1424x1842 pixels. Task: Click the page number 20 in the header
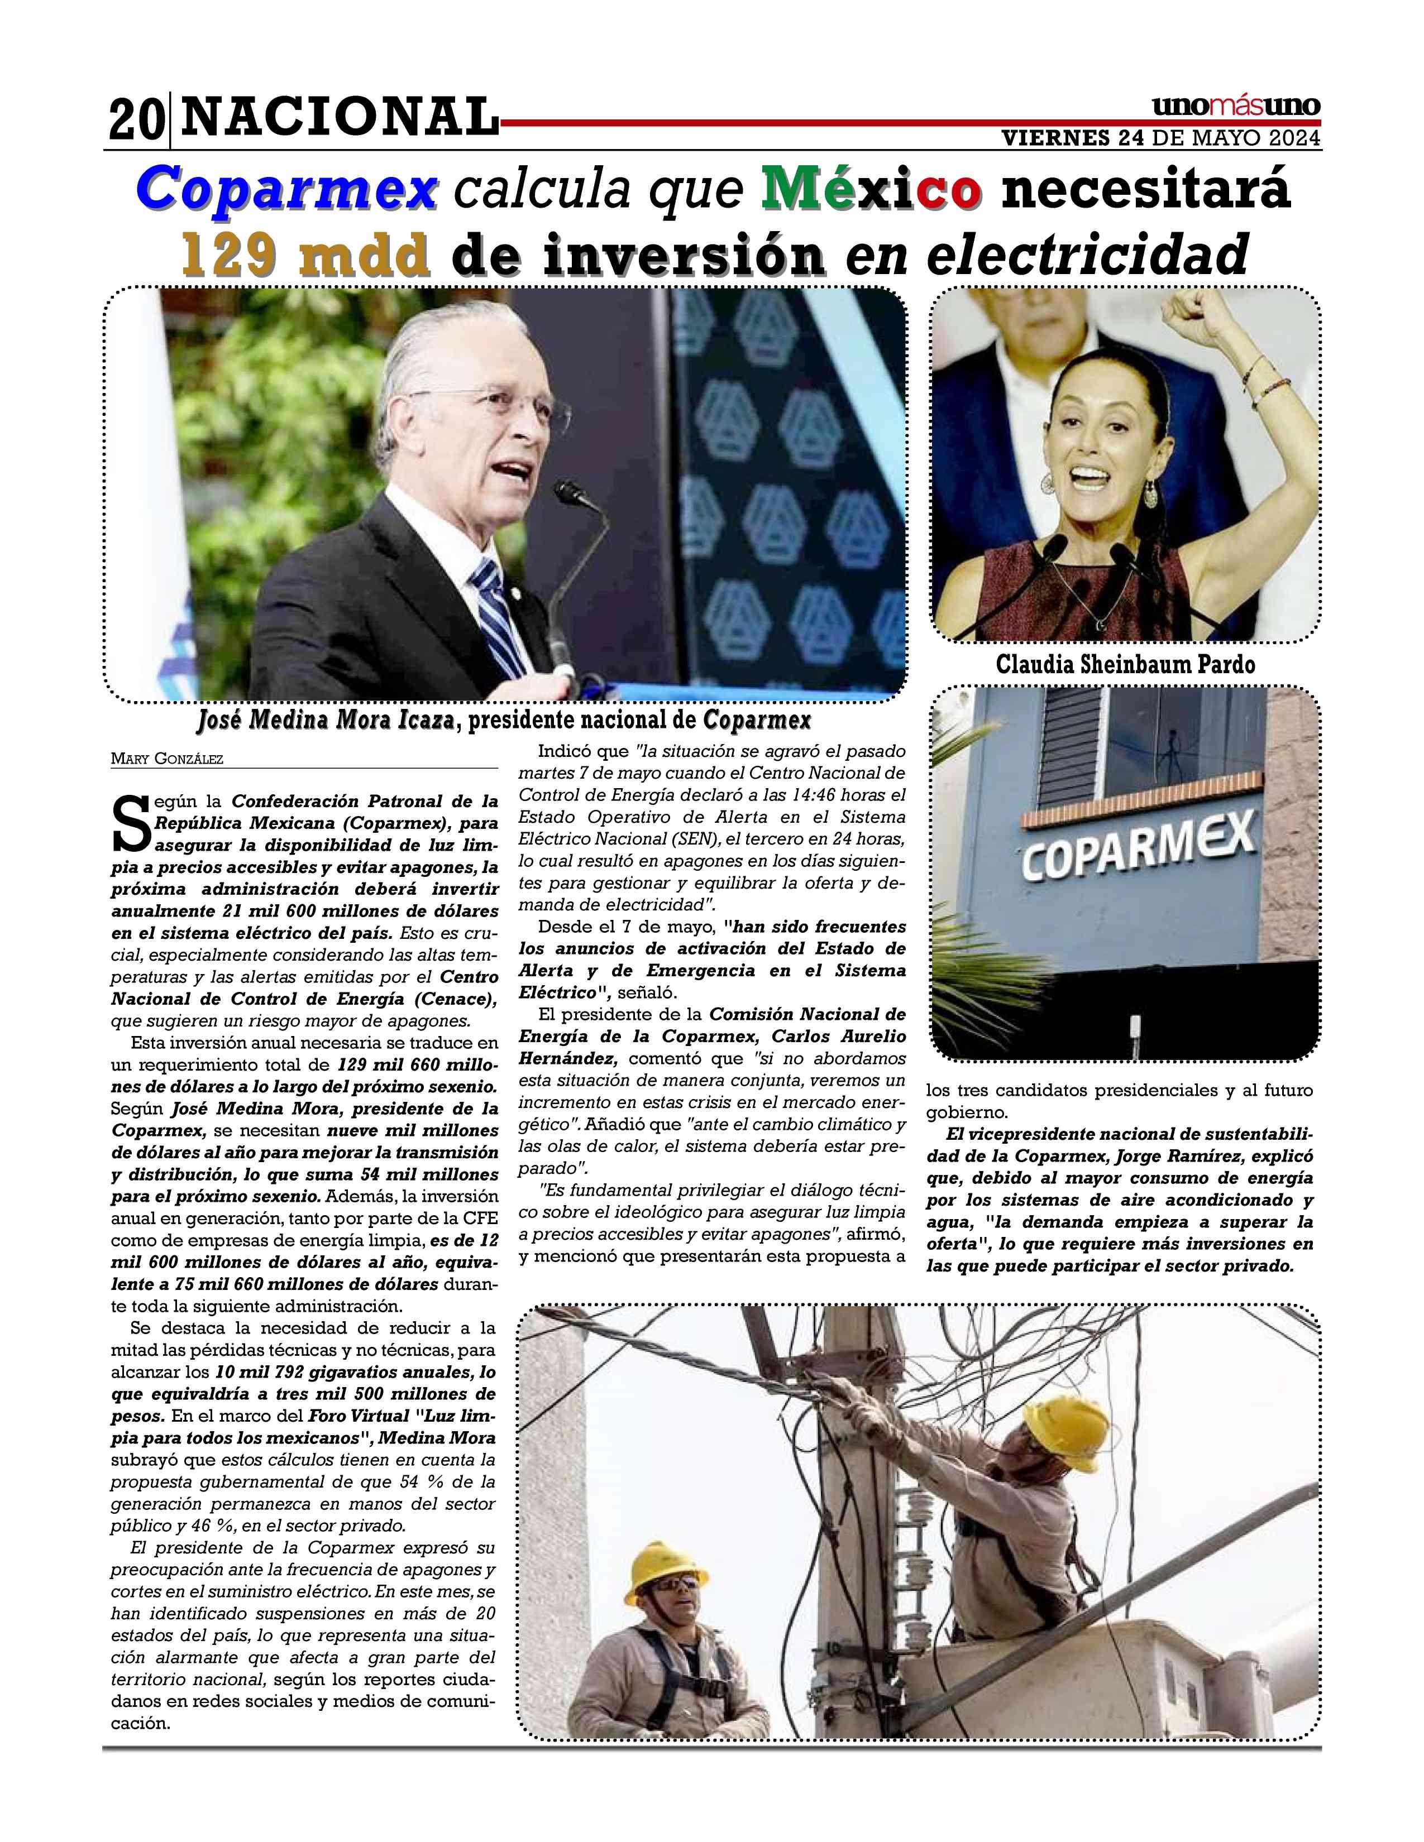[135, 121]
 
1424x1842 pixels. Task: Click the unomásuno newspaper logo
[1235, 107]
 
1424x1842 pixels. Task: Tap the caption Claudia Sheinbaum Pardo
[1125, 665]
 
